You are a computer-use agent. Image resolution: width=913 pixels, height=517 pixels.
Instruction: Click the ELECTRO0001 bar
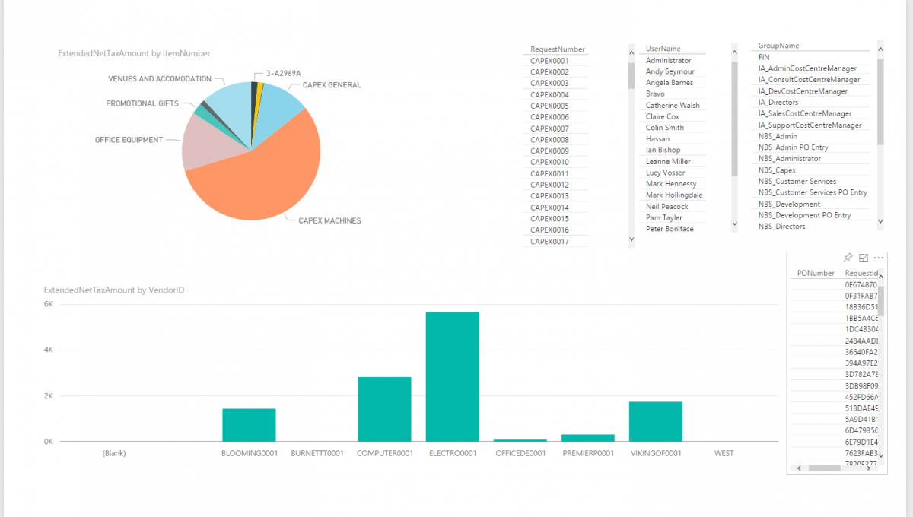[452, 376]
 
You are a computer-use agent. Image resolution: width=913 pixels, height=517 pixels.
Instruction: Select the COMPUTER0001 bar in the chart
[384, 409]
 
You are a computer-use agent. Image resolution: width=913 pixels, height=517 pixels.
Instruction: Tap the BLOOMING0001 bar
[249, 425]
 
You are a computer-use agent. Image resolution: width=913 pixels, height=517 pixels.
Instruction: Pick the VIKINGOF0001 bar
[655, 421]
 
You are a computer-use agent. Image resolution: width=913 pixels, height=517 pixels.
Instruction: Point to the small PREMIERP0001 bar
[587, 438]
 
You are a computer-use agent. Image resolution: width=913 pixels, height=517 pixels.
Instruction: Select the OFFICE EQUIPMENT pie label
[129, 140]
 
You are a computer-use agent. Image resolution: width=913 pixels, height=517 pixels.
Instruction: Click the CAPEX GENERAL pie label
[331, 85]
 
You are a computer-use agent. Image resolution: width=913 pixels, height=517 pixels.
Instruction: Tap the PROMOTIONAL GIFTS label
[142, 103]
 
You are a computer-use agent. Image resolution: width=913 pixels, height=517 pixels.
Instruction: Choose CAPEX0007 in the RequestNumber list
[549, 128]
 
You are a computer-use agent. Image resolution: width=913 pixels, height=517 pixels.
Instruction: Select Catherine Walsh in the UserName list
[673, 106]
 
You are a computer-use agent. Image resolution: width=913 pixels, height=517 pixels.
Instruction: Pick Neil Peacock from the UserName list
[666, 207]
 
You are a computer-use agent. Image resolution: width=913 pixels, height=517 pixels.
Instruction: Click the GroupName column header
[778, 46]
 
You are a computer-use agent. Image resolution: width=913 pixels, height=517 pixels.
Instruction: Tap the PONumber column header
[816, 273]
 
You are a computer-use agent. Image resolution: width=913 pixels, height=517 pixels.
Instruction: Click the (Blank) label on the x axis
[114, 453]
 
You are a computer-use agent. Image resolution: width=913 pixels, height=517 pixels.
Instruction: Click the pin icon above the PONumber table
[848, 258]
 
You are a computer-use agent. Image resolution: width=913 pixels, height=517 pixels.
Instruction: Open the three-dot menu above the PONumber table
[878, 258]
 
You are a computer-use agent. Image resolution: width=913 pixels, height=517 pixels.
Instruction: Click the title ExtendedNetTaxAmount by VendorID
[114, 290]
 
